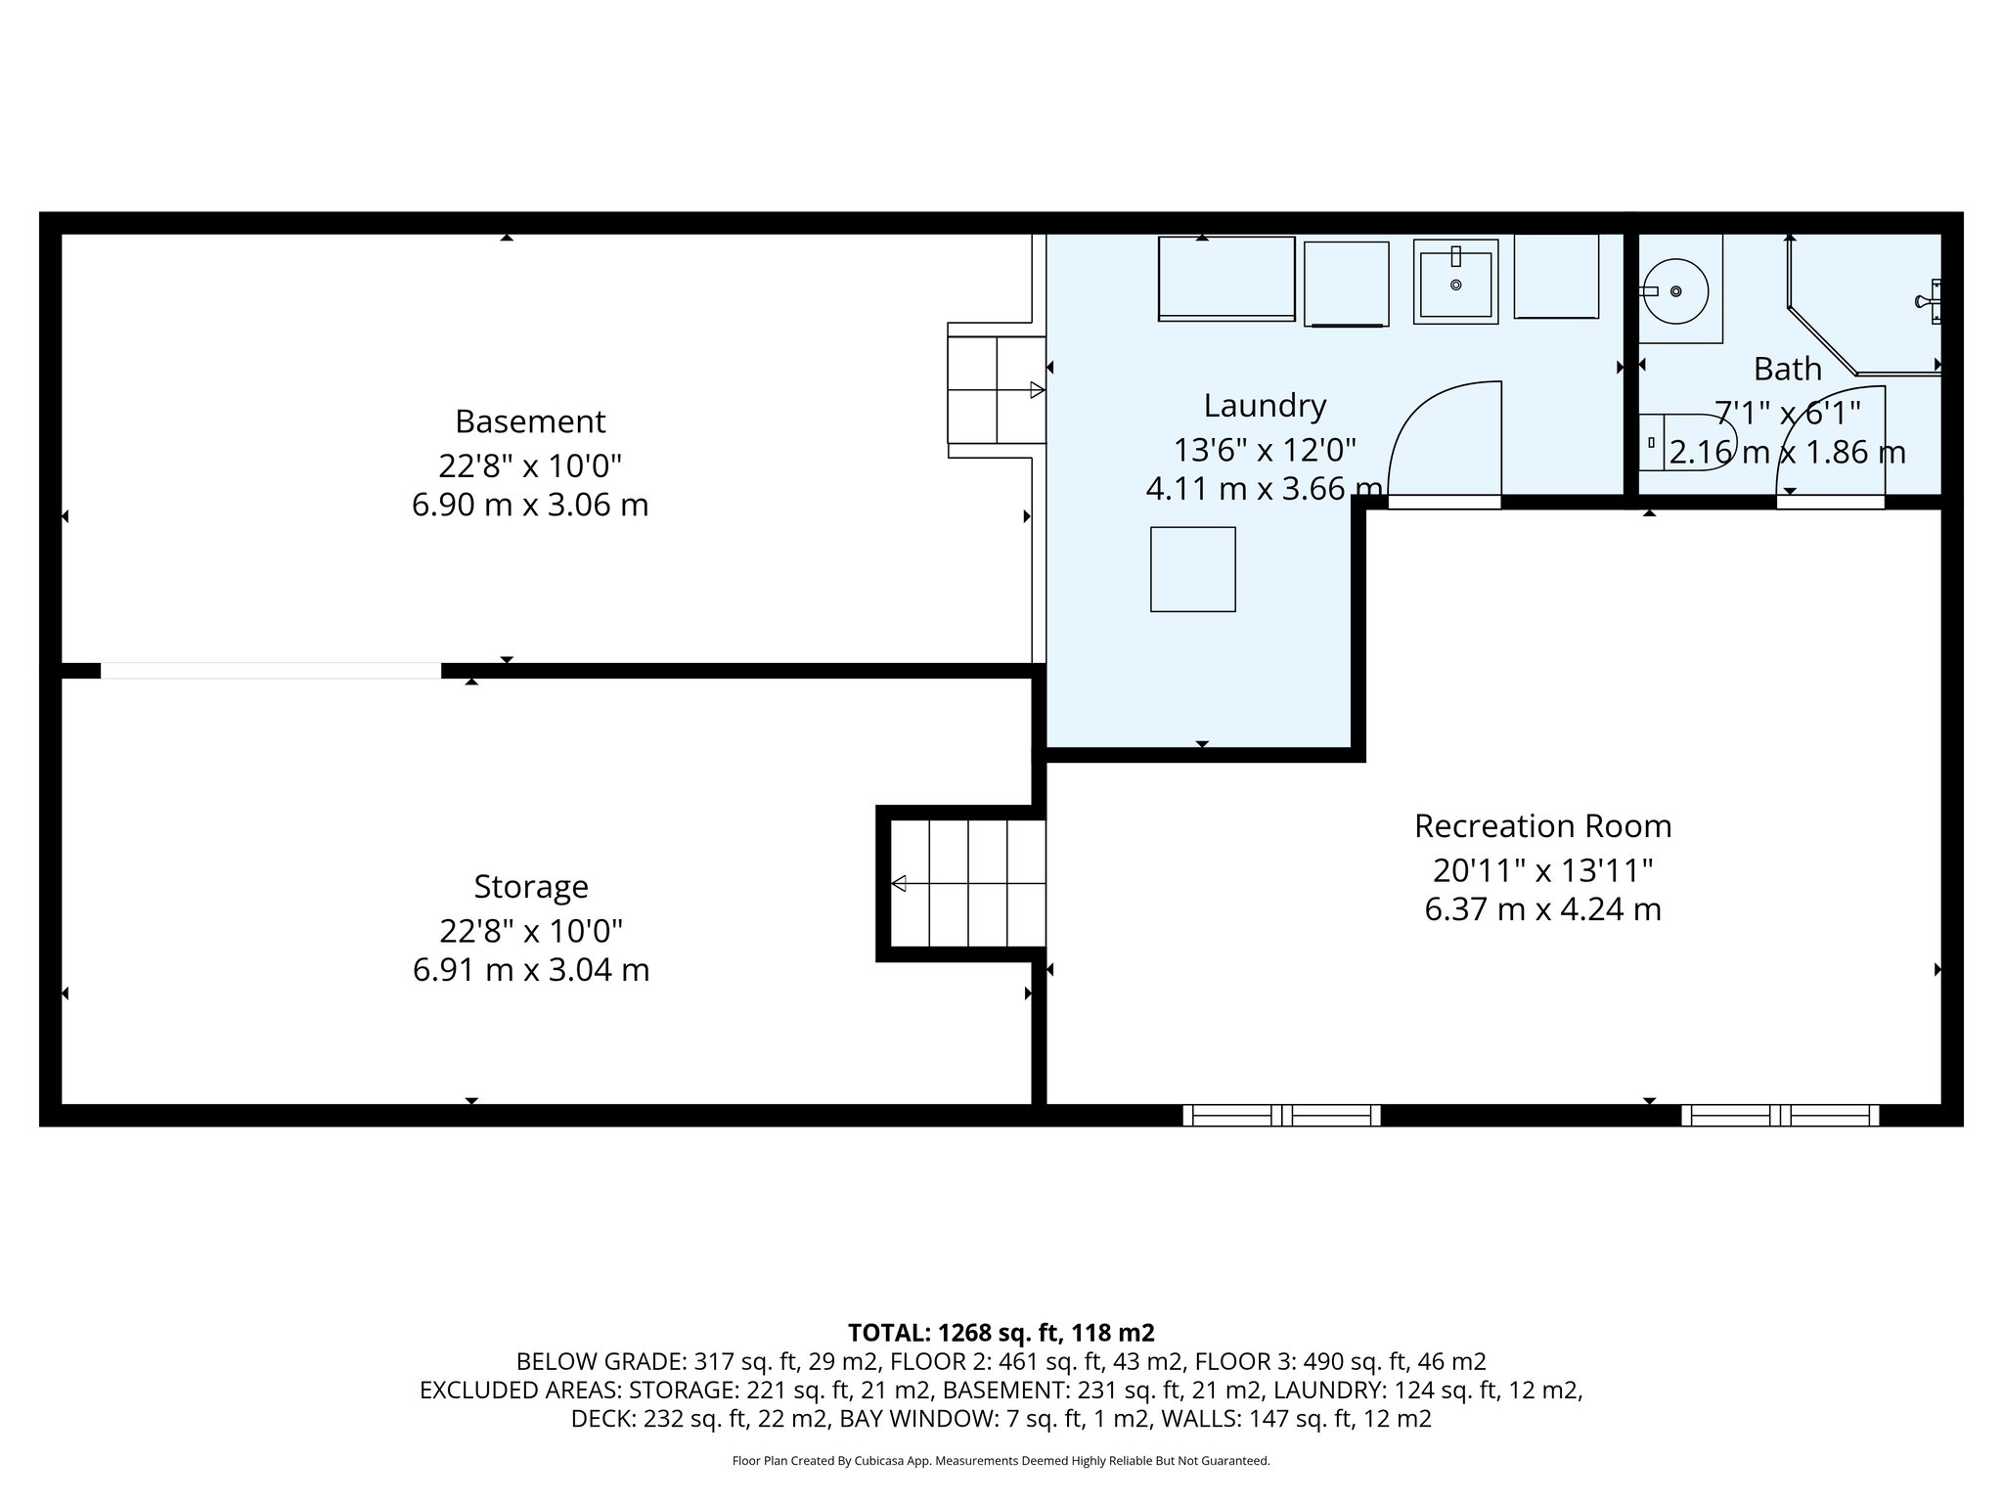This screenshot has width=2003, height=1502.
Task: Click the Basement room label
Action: click(x=530, y=421)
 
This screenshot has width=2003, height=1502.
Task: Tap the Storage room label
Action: click(x=531, y=887)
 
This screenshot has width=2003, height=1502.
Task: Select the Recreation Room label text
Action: click(x=1542, y=826)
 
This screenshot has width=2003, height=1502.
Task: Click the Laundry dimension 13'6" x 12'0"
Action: click(x=1264, y=450)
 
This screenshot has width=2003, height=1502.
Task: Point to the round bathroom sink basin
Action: click(x=1675, y=291)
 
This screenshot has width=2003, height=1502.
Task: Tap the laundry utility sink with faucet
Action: click(x=1455, y=282)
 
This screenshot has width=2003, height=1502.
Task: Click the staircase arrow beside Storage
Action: click(x=899, y=884)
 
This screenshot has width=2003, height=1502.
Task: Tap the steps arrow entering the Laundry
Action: click(x=1036, y=390)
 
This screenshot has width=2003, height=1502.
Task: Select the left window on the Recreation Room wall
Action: click(x=1281, y=1115)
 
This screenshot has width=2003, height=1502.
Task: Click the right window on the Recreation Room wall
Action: click(x=1780, y=1115)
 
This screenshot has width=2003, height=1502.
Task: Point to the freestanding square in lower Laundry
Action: click(x=1192, y=569)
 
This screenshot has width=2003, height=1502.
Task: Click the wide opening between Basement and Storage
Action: click(x=270, y=671)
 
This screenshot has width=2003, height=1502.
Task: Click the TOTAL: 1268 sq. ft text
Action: click(x=1001, y=1333)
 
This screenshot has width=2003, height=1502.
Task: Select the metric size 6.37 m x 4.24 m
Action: click(x=1542, y=909)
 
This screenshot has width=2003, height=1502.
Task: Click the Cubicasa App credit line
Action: click(x=1001, y=1461)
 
